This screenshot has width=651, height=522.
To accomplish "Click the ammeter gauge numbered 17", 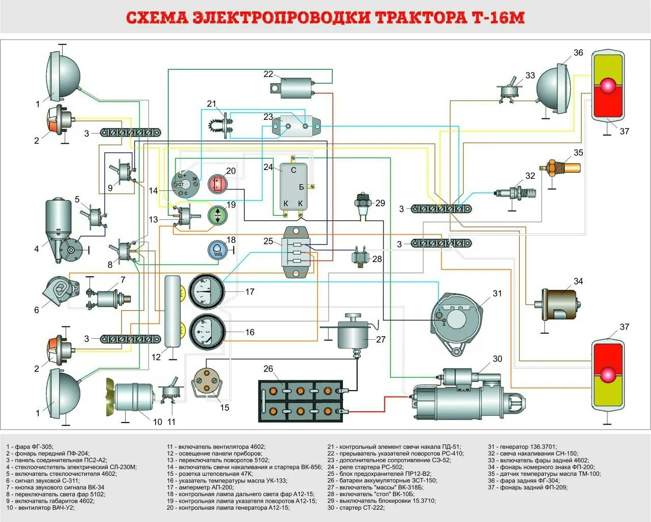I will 206,291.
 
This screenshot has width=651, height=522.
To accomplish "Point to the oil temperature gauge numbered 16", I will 206,332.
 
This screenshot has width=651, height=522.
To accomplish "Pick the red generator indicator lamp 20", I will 218,183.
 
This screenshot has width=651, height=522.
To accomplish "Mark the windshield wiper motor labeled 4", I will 60,229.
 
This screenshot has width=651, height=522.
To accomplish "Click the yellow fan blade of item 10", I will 110,394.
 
